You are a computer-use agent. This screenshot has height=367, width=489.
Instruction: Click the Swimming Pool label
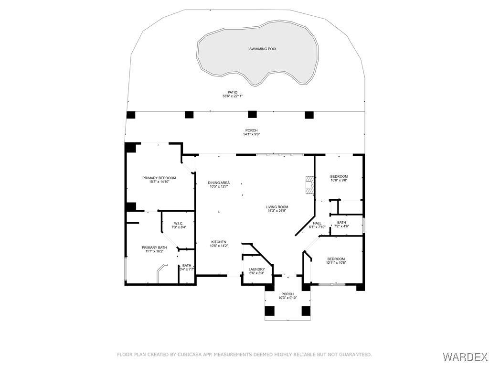263,49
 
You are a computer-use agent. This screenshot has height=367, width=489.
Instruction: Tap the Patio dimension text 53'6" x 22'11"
233,97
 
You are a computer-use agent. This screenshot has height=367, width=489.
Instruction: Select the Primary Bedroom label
159,178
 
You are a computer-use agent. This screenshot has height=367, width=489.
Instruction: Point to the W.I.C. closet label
179,224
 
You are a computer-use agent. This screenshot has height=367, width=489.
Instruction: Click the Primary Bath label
154,248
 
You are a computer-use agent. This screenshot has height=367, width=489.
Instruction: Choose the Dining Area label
219,183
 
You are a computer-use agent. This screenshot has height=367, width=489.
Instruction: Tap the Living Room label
277,207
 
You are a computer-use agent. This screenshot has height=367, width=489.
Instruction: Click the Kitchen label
219,242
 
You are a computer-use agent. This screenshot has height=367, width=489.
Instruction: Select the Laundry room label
256,270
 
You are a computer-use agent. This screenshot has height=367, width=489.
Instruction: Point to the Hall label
317,224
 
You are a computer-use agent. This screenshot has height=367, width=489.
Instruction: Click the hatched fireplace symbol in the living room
309,185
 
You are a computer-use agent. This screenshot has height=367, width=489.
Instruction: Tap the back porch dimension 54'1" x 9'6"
251,134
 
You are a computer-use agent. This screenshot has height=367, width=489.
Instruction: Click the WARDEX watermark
465,356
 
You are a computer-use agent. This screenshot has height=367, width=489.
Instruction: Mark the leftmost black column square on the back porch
131,115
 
